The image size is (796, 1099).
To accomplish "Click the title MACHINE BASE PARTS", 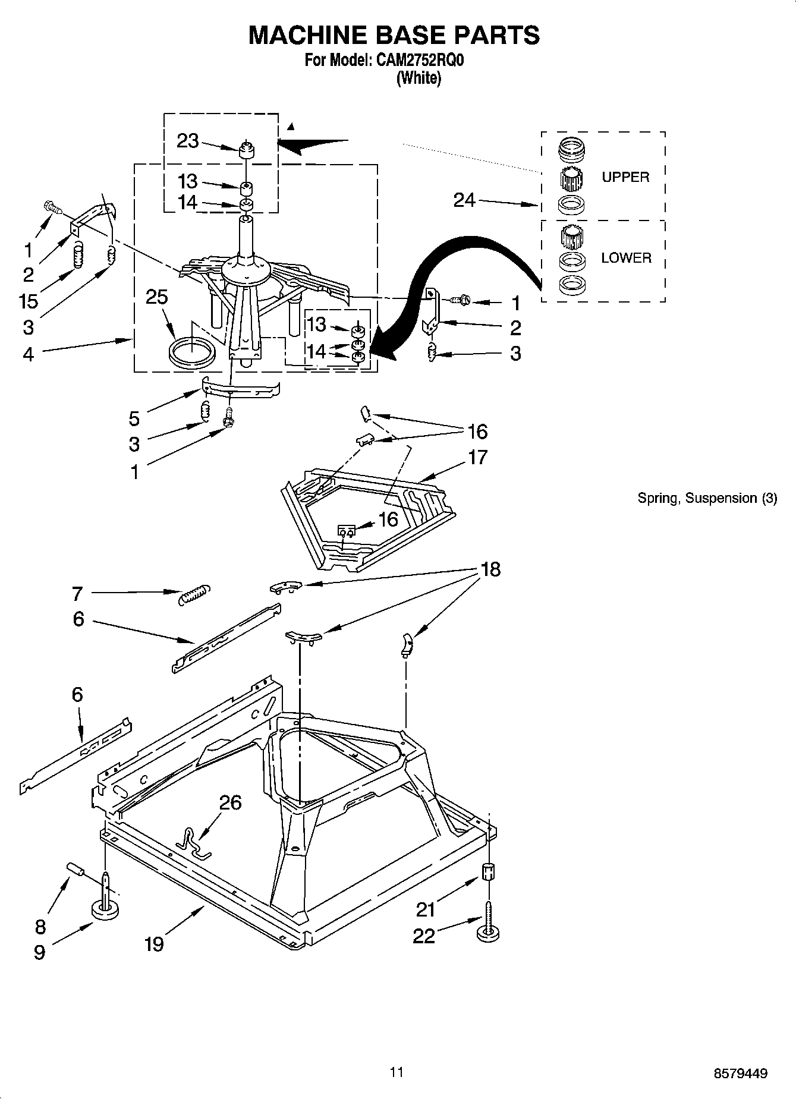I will coord(394,35).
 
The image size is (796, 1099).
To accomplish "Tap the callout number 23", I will coord(187,141).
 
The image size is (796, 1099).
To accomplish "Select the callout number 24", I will coord(464,200).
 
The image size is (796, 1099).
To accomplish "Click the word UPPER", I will coord(625,177).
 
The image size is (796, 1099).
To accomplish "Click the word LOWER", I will coord(626,258).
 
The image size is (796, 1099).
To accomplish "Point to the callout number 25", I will coord(157,297).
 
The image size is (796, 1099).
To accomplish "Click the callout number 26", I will coord(230,802).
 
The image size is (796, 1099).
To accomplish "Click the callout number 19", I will coord(154,943).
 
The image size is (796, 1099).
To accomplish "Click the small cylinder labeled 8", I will coord(75,870).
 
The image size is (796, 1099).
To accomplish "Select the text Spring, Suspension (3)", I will coord(707,498).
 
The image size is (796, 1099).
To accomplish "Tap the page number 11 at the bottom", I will coord(397,1072).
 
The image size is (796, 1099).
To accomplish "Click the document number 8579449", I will coord(740,1073).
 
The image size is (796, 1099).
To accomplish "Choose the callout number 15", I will coord(29,301).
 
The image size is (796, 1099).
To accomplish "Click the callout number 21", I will coord(425,909).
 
